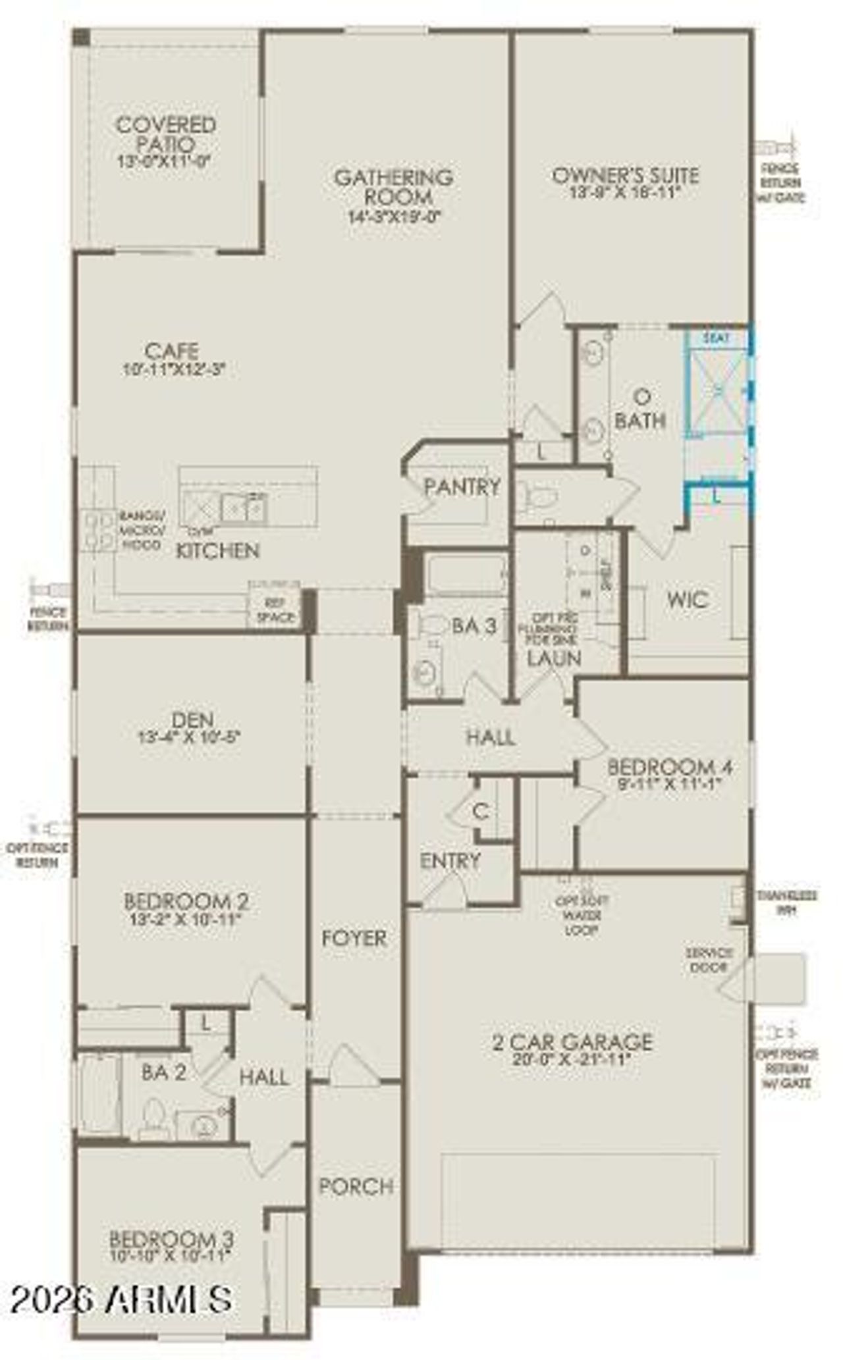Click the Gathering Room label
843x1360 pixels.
(393, 187)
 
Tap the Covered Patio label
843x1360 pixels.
(166, 134)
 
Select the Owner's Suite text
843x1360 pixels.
(625, 176)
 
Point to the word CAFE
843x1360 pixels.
(172, 351)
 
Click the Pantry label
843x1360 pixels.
(462, 487)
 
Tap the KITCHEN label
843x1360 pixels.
(218, 550)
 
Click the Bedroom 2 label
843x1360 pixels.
(186, 901)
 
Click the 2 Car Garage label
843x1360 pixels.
(572, 1041)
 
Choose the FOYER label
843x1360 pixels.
(354, 938)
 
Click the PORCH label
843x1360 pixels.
(356, 1186)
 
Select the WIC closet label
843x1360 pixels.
(688, 599)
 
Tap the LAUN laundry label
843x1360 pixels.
(555, 658)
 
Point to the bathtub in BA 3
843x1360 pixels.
(466, 574)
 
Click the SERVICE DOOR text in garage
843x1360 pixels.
(709, 960)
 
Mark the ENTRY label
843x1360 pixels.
(450, 860)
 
